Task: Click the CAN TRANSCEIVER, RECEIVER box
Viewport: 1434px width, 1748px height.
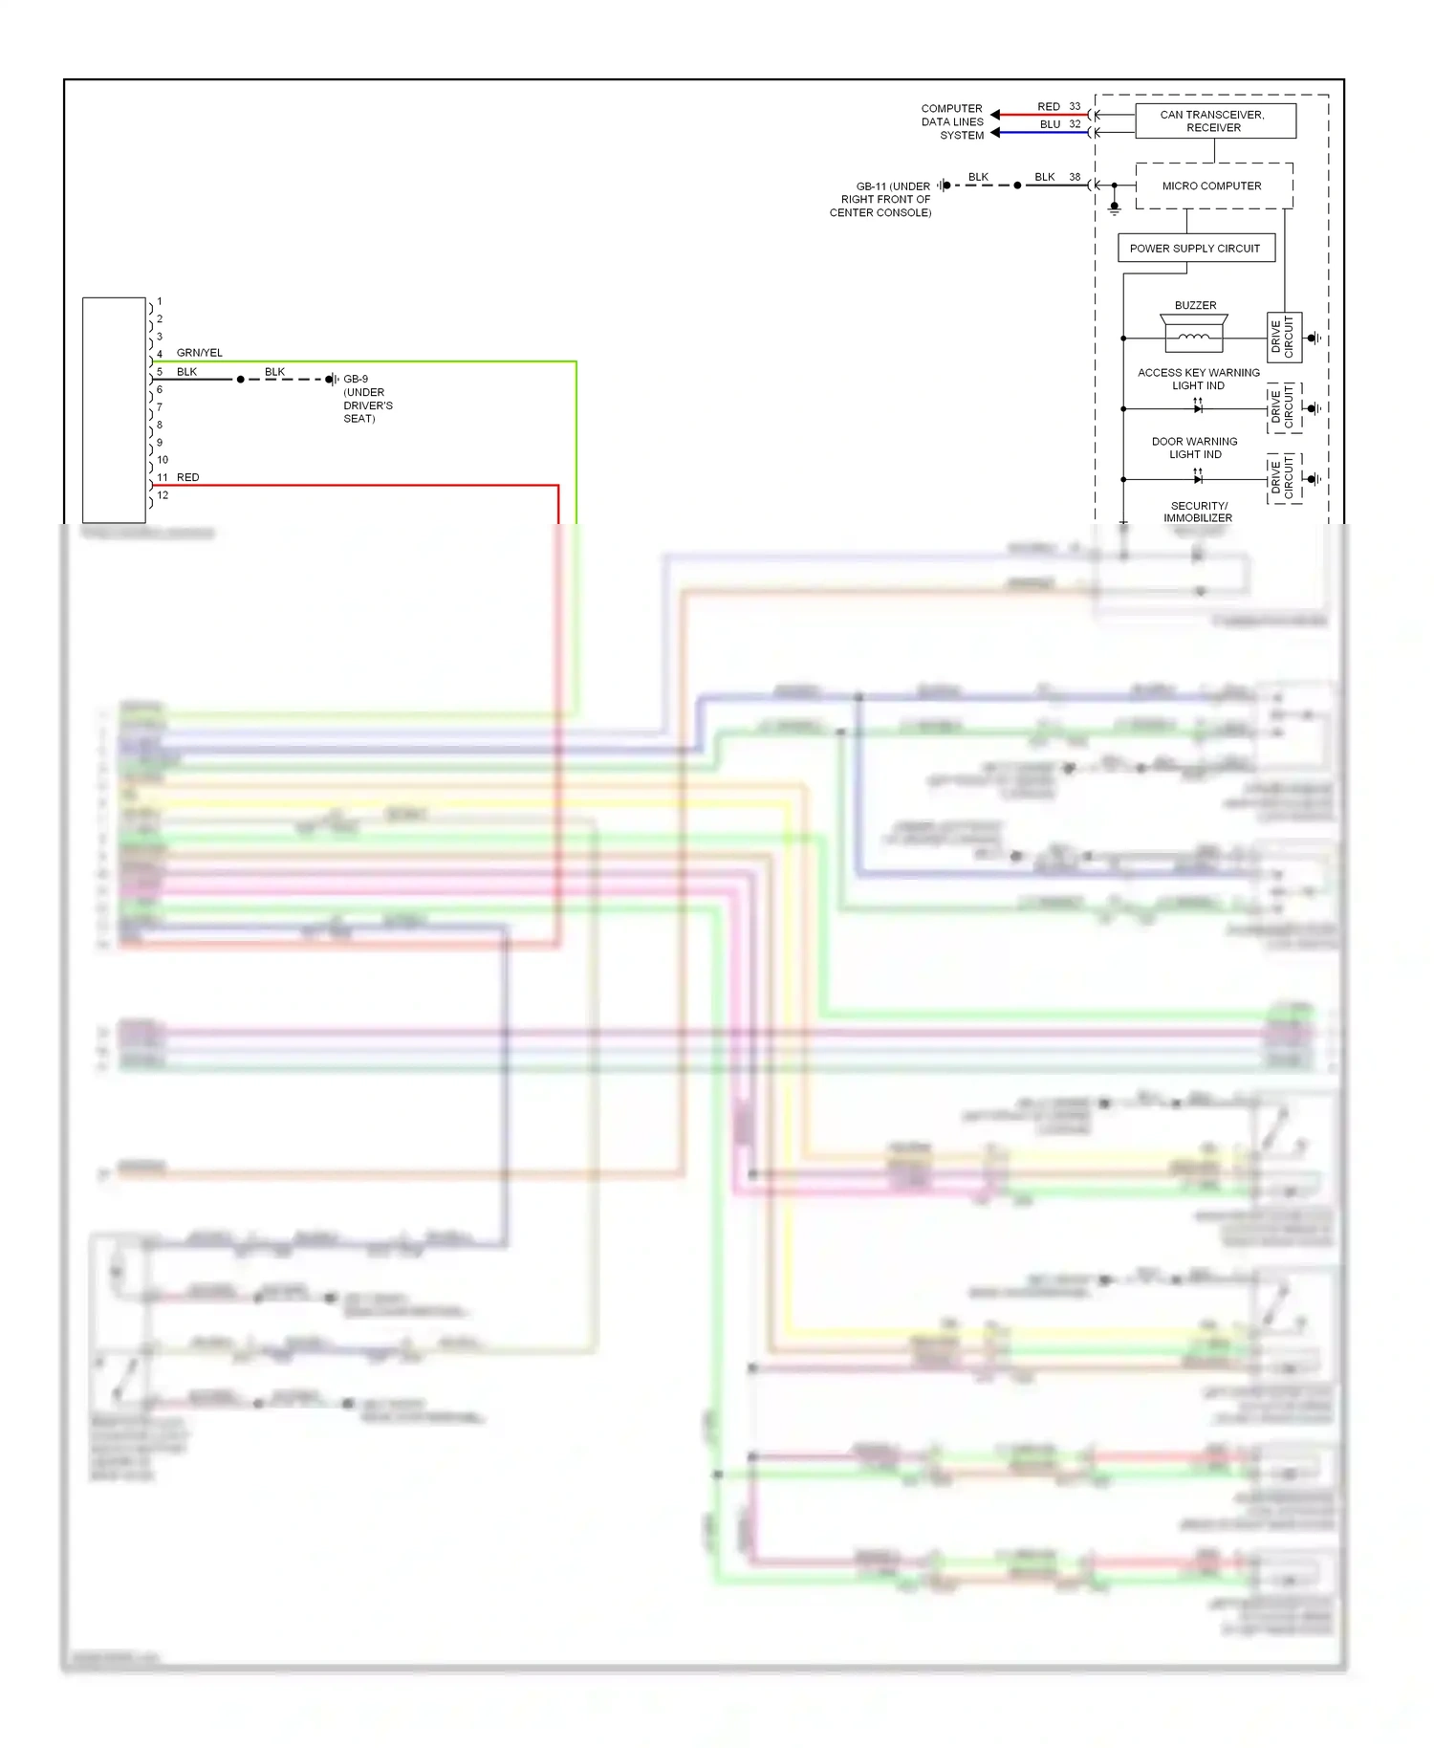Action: tap(1214, 121)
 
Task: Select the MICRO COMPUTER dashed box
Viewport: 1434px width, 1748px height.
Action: tap(1213, 186)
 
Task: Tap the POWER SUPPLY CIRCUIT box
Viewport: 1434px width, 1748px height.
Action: tap(1195, 249)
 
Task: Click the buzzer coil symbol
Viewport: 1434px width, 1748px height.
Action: tap(1193, 338)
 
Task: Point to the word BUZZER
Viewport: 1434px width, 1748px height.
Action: tap(1195, 306)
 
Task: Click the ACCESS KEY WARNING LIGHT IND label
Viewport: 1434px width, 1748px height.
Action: tap(1198, 380)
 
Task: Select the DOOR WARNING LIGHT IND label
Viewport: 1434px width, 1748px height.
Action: tap(1194, 448)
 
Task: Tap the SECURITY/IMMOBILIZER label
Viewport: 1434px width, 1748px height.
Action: tap(1198, 513)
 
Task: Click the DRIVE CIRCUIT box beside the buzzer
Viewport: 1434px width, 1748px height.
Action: tap(1283, 338)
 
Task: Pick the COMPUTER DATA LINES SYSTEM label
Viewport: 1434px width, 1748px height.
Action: tap(952, 122)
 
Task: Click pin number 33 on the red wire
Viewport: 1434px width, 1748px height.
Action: tap(1075, 107)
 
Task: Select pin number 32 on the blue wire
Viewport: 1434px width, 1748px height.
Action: tap(1075, 124)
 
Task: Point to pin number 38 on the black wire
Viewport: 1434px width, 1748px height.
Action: tap(1075, 178)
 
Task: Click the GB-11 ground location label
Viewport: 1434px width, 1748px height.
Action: tap(881, 200)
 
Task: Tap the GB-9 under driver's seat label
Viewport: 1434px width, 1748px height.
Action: tap(367, 399)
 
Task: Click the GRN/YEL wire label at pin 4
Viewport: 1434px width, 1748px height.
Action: tap(199, 353)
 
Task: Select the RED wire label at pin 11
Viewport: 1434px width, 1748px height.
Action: tap(188, 477)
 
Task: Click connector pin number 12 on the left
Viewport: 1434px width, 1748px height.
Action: tap(163, 495)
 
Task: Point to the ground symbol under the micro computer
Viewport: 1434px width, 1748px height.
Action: tap(1114, 207)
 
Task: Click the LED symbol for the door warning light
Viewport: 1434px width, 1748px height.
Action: tap(1197, 478)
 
